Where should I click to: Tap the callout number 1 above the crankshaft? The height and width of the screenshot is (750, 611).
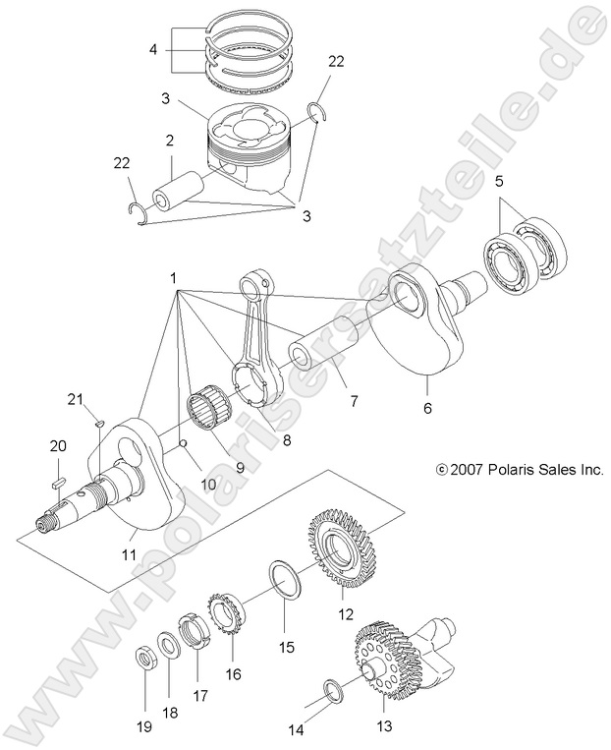(173, 279)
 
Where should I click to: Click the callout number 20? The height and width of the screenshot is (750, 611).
(57, 446)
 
